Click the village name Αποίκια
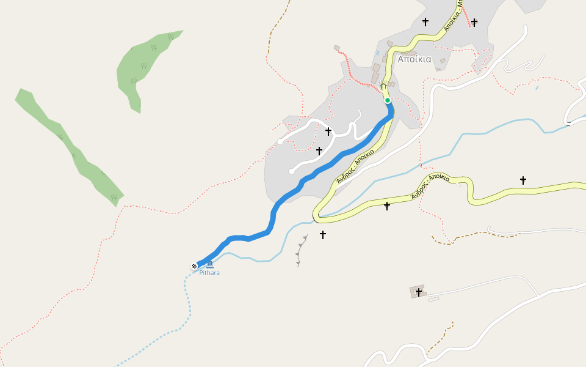click(x=414, y=60)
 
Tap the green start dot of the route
click(x=388, y=100)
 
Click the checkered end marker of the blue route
click(x=194, y=265)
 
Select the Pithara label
click(x=209, y=273)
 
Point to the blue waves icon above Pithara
click(x=209, y=264)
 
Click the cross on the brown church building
click(x=418, y=292)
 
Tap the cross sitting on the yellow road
click(x=386, y=206)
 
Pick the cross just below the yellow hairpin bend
click(x=322, y=234)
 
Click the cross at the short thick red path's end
click(x=474, y=22)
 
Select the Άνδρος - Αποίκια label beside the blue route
click(x=355, y=166)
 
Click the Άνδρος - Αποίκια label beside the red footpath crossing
click(x=431, y=186)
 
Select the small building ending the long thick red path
click(x=336, y=48)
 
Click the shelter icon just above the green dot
click(x=383, y=85)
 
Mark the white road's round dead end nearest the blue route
click(x=292, y=171)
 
